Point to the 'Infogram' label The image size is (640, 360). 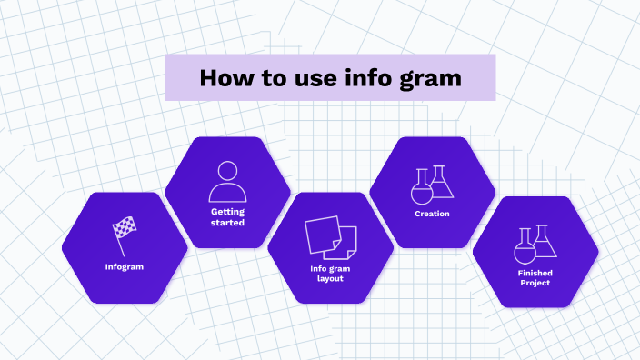pyautogui.click(x=125, y=266)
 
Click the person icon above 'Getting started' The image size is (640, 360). pyautogui.click(x=227, y=182)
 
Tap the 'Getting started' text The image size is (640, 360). pyautogui.click(x=227, y=216)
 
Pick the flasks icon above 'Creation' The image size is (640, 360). pyautogui.click(x=432, y=184)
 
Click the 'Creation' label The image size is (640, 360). pyautogui.click(x=432, y=214)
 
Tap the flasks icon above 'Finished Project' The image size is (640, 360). pyautogui.click(x=535, y=244)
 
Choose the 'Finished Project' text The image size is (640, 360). pyautogui.click(x=535, y=277)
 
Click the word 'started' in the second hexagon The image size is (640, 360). pyautogui.click(x=227, y=222)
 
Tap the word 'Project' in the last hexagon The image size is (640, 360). pyautogui.click(x=535, y=283)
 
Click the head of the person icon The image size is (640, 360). pyautogui.click(x=227, y=171)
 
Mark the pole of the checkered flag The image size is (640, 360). pyautogui.click(x=118, y=244)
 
